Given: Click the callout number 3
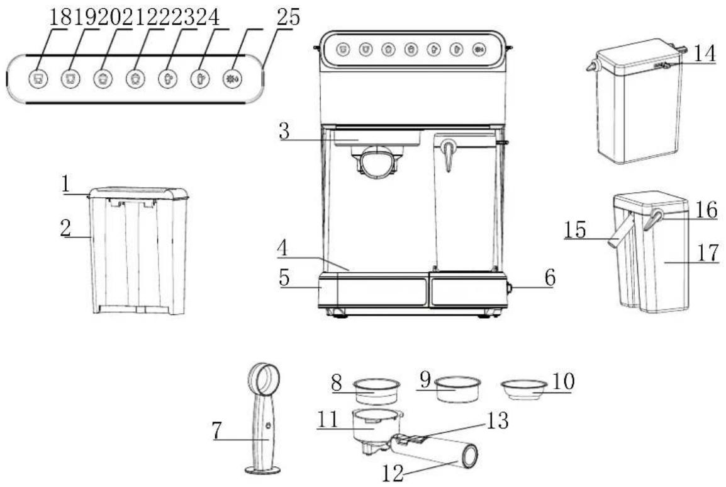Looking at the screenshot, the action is [x=284, y=131].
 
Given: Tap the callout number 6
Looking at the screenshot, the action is [x=550, y=277].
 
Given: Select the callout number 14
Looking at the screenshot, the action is [x=704, y=54].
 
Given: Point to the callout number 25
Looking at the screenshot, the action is [x=288, y=17].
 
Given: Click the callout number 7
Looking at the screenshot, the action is [x=217, y=430].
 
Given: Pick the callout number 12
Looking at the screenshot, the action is [x=393, y=473].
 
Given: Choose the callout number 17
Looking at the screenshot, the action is [x=708, y=253].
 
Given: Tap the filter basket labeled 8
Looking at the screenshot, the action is [x=376, y=392].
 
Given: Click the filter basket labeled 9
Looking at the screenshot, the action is [x=458, y=389].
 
